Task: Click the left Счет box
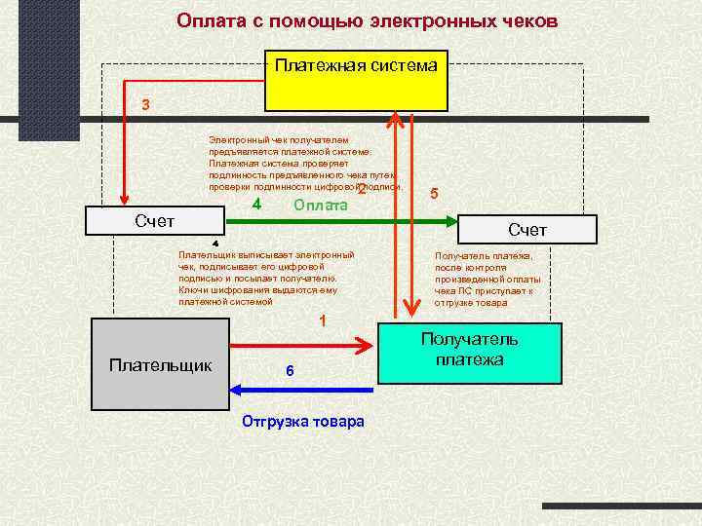coord(155,221)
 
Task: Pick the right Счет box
coord(526,230)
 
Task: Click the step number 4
coord(256,205)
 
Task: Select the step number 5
coord(434,194)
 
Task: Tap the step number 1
coord(323,321)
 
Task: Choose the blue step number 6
coord(290,371)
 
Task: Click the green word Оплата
coord(321,206)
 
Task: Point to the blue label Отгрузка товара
coord(302,422)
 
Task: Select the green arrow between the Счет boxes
coord(341,223)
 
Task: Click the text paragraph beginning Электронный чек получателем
coord(302,164)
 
